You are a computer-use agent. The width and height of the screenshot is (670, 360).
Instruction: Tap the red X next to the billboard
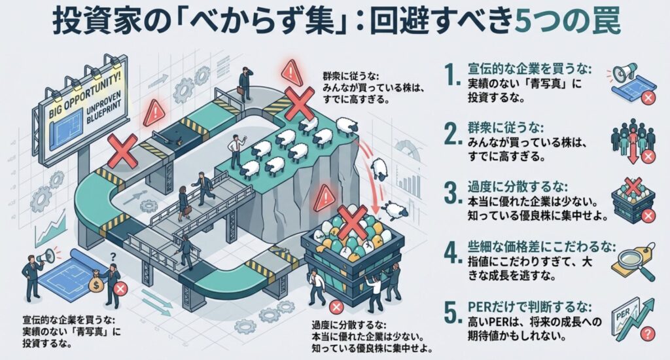click(122, 151)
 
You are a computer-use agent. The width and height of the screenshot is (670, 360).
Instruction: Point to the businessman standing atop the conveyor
click(245, 82)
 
